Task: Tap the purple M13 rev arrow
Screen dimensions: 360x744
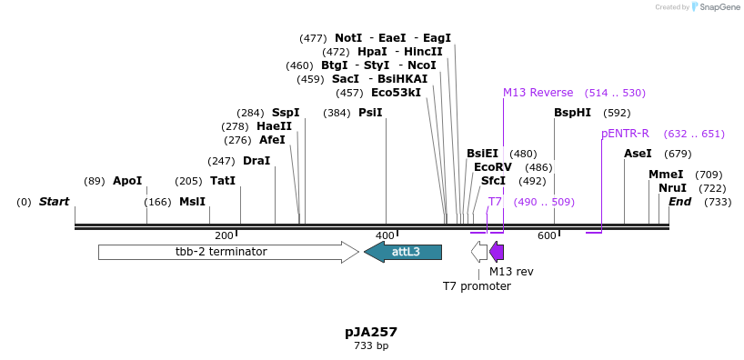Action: coord(497,252)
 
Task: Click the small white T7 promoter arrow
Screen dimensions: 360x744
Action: coord(479,252)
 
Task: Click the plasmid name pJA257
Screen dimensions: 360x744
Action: coord(371,332)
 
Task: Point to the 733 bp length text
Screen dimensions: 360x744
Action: coord(371,346)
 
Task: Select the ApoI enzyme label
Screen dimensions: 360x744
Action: coord(127,181)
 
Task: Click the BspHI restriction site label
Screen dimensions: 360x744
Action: coord(572,113)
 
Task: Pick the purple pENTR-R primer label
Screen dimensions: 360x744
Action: coord(625,134)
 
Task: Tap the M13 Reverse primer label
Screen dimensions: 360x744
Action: coord(538,93)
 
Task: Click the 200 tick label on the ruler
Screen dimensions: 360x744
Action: coord(224,236)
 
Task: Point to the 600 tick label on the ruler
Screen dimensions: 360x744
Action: coord(547,236)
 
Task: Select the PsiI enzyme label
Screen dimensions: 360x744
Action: coord(370,113)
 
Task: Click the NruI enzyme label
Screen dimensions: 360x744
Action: coord(672,188)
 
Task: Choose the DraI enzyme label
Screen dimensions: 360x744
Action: coord(256,161)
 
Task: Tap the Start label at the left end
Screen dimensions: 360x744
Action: coord(54,202)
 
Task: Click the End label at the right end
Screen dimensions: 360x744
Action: coord(679,202)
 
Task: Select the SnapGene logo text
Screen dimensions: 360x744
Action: coord(719,7)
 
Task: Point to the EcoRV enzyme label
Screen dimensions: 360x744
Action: coord(493,167)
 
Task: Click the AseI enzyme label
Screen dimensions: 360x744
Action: coord(638,154)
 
